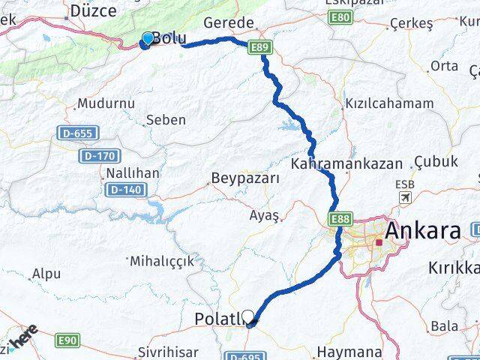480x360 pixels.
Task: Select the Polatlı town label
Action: pos(218,319)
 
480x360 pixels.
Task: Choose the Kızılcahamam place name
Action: pos(388,103)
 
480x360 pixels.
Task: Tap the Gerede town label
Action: pos(229,22)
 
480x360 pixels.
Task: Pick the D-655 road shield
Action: pos(76,133)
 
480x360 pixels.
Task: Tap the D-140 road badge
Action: pos(125,190)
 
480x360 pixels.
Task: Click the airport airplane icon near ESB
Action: pos(406,198)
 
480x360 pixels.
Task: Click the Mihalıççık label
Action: pos(161,262)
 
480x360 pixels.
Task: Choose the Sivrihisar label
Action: pos(168,351)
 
